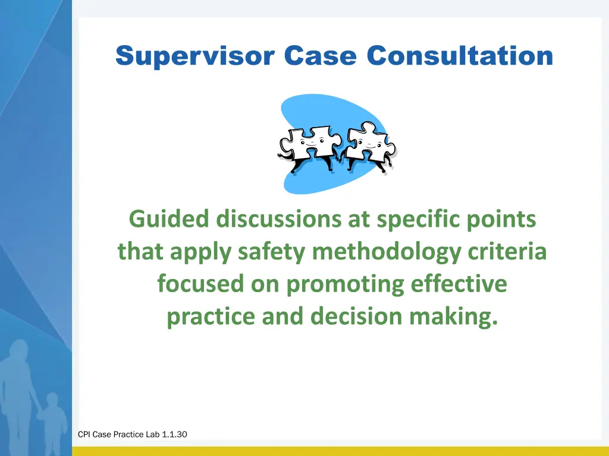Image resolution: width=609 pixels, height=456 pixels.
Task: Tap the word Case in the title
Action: [320, 56]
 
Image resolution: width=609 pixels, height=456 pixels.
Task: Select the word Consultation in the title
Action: [460, 56]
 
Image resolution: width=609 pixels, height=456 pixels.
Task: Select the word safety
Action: [272, 252]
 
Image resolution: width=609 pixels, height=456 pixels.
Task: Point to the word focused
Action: [200, 284]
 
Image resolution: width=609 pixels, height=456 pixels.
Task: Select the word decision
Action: [359, 316]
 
